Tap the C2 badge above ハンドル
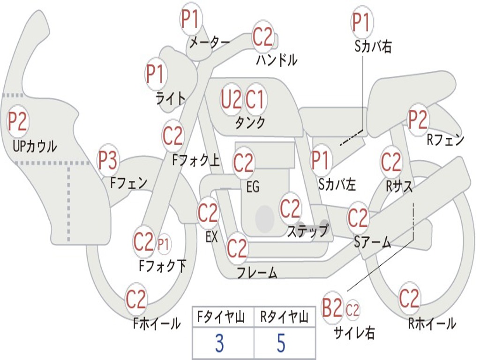point(263,37)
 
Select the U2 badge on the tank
point(232,99)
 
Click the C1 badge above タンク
point(256,99)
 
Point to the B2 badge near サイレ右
point(332,309)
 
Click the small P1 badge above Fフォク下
point(164,244)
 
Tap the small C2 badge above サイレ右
point(352,310)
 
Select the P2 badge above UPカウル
point(18,122)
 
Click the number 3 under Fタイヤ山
point(219,344)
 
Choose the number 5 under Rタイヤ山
point(281,344)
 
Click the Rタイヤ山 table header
point(284,318)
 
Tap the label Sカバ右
point(373,47)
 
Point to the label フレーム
point(257,272)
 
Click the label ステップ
point(308,231)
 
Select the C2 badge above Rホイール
point(409,299)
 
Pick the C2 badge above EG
point(244,163)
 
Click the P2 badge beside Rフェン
point(418,120)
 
